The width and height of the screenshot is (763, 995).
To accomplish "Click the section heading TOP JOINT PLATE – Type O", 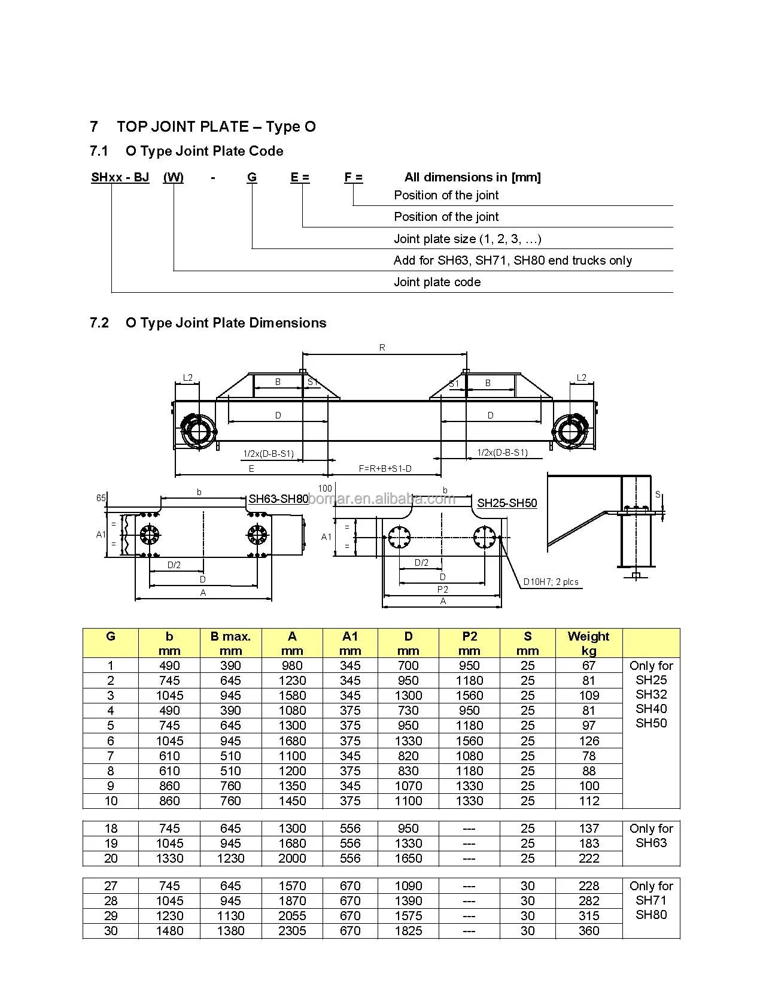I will pyautogui.click(x=216, y=127).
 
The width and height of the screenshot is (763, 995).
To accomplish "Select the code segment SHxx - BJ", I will pyautogui.click(x=120, y=177).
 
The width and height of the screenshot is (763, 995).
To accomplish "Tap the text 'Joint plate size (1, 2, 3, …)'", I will pyautogui.click(x=467, y=239).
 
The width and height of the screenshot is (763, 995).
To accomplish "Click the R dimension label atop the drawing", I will pyautogui.click(x=382, y=348).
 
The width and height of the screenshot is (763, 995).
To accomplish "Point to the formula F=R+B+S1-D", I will pyautogui.click(x=385, y=469).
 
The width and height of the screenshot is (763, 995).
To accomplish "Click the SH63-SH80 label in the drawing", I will pyautogui.click(x=278, y=499).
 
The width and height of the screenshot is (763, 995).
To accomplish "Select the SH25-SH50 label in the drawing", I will pyautogui.click(x=507, y=503).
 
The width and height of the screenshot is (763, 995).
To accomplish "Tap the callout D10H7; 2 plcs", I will pyautogui.click(x=551, y=581).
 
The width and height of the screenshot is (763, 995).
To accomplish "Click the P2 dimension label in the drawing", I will pyautogui.click(x=442, y=590).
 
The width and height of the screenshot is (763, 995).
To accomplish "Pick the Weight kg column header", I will pyautogui.click(x=588, y=643).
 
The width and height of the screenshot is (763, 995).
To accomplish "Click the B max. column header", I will pyautogui.click(x=230, y=643).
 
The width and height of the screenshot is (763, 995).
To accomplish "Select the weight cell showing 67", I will pyautogui.click(x=589, y=666).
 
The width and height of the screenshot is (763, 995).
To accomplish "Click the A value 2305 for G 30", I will pyautogui.click(x=292, y=931).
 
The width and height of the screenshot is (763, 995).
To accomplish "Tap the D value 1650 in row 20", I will pyautogui.click(x=408, y=859).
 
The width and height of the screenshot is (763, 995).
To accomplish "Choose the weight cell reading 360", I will pyautogui.click(x=589, y=931).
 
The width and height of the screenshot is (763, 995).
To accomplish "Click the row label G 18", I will pyautogui.click(x=111, y=829).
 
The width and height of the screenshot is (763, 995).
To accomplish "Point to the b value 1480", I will pyautogui.click(x=169, y=931).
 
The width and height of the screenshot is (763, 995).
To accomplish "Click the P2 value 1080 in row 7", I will pyautogui.click(x=469, y=756).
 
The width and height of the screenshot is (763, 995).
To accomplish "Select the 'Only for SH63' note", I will pyautogui.click(x=651, y=836).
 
